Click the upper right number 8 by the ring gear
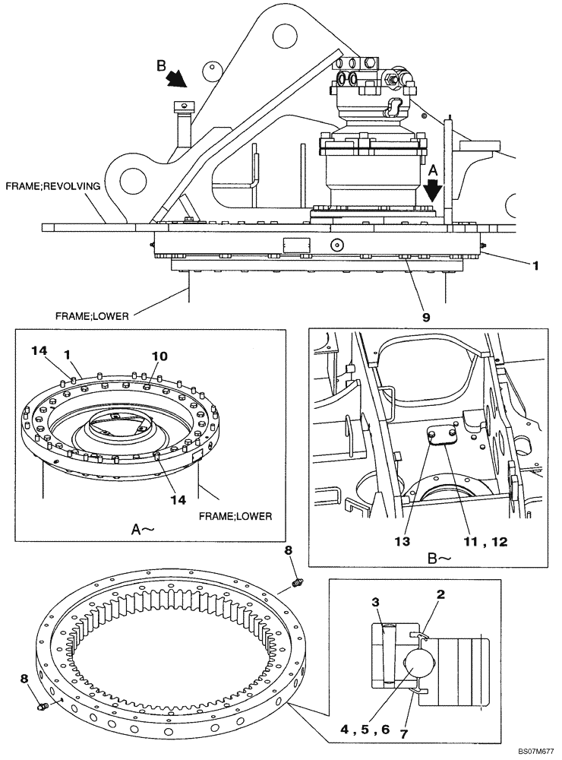pyautogui.click(x=287, y=550)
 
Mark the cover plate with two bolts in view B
pyautogui.click(x=440, y=441)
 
